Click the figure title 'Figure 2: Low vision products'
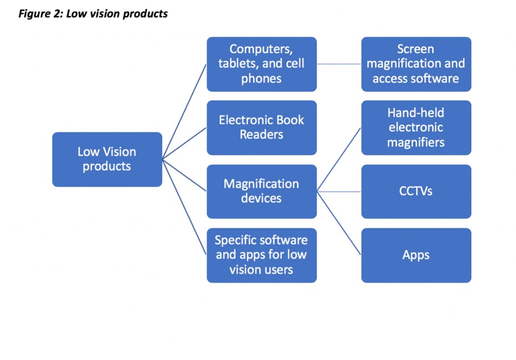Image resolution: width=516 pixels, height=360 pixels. (x=93, y=13)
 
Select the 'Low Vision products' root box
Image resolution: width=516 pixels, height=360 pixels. (x=107, y=159)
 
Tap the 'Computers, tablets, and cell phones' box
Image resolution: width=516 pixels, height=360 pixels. (x=261, y=64)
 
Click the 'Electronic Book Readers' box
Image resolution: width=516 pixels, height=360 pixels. (x=261, y=127)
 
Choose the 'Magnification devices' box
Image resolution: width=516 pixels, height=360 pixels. (x=261, y=191)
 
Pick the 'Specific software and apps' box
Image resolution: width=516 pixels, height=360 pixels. (x=261, y=255)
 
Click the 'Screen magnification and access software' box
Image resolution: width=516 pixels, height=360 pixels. (x=416, y=64)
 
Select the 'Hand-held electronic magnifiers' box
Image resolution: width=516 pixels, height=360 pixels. (x=416, y=127)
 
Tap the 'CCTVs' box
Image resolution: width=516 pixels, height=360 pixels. (x=416, y=191)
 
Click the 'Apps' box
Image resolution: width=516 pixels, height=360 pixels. (x=416, y=255)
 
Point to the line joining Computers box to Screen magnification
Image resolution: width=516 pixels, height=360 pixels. (x=339, y=64)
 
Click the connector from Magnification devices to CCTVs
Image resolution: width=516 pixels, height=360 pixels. (x=339, y=191)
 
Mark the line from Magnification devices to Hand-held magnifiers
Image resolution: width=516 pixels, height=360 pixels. (x=339, y=159)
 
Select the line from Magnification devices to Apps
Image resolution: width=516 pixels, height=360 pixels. (x=339, y=223)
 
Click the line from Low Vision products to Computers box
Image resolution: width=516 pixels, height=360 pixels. (x=184, y=112)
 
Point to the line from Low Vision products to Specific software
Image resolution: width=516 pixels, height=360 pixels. (x=184, y=207)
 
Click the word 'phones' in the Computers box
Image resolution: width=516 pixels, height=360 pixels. (x=261, y=79)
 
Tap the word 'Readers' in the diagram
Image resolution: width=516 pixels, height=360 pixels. (x=261, y=135)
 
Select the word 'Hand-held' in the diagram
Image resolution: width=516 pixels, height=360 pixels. (x=416, y=113)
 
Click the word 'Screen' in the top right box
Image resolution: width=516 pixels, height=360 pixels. (x=416, y=49)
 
